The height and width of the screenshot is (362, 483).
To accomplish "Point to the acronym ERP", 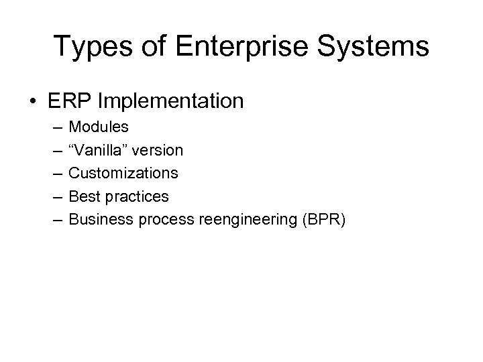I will (x=71, y=101).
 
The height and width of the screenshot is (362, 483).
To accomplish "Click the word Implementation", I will (x=170, y=101).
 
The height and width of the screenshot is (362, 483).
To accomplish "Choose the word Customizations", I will (x=123, y=173).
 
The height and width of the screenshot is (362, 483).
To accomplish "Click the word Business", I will (x=98, y=219).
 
